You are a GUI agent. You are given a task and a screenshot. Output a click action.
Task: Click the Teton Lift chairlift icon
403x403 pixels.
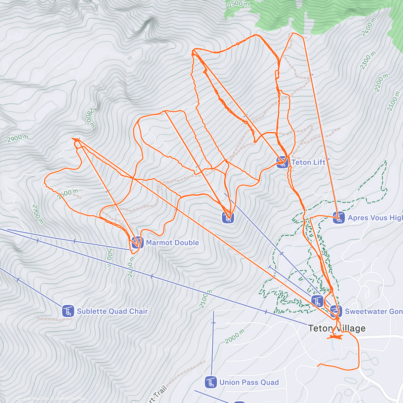click(x=282, y=163)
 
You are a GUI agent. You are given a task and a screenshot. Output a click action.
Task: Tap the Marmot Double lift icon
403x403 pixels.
click(x=136, y=242)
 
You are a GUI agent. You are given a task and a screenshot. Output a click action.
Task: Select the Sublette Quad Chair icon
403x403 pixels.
click(x=68, y=311)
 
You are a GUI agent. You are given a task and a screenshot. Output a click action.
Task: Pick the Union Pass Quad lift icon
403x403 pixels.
click(x=211, y=382)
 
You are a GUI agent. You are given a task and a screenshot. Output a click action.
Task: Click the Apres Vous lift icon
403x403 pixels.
click(x=339, y=218)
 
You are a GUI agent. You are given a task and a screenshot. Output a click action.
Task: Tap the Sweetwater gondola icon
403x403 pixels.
click(x=336, y=311)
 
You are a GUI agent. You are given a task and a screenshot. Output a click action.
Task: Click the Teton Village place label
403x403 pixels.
click(x=337, y=328)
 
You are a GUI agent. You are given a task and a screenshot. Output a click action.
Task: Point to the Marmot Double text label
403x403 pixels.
click(x=172, y=242)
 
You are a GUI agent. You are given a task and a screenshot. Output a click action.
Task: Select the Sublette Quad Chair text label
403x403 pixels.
click(x=112, y=311)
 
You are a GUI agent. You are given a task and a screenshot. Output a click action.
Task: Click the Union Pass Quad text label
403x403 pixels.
click(x=249, y=382)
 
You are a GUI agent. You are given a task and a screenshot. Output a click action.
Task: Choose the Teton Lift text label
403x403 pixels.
click(x=308, y=163)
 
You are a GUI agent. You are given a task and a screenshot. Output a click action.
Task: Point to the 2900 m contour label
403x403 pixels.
click(x=17, y=138)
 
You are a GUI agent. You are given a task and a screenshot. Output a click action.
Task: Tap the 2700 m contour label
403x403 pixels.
click(x=38, y=214)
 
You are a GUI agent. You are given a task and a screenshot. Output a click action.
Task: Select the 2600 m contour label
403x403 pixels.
click(x=67, y=194)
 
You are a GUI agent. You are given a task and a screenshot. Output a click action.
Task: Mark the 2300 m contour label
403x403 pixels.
click(x=368, y=61)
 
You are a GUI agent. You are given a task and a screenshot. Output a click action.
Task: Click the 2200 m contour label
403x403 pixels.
click(x=381, y=83)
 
